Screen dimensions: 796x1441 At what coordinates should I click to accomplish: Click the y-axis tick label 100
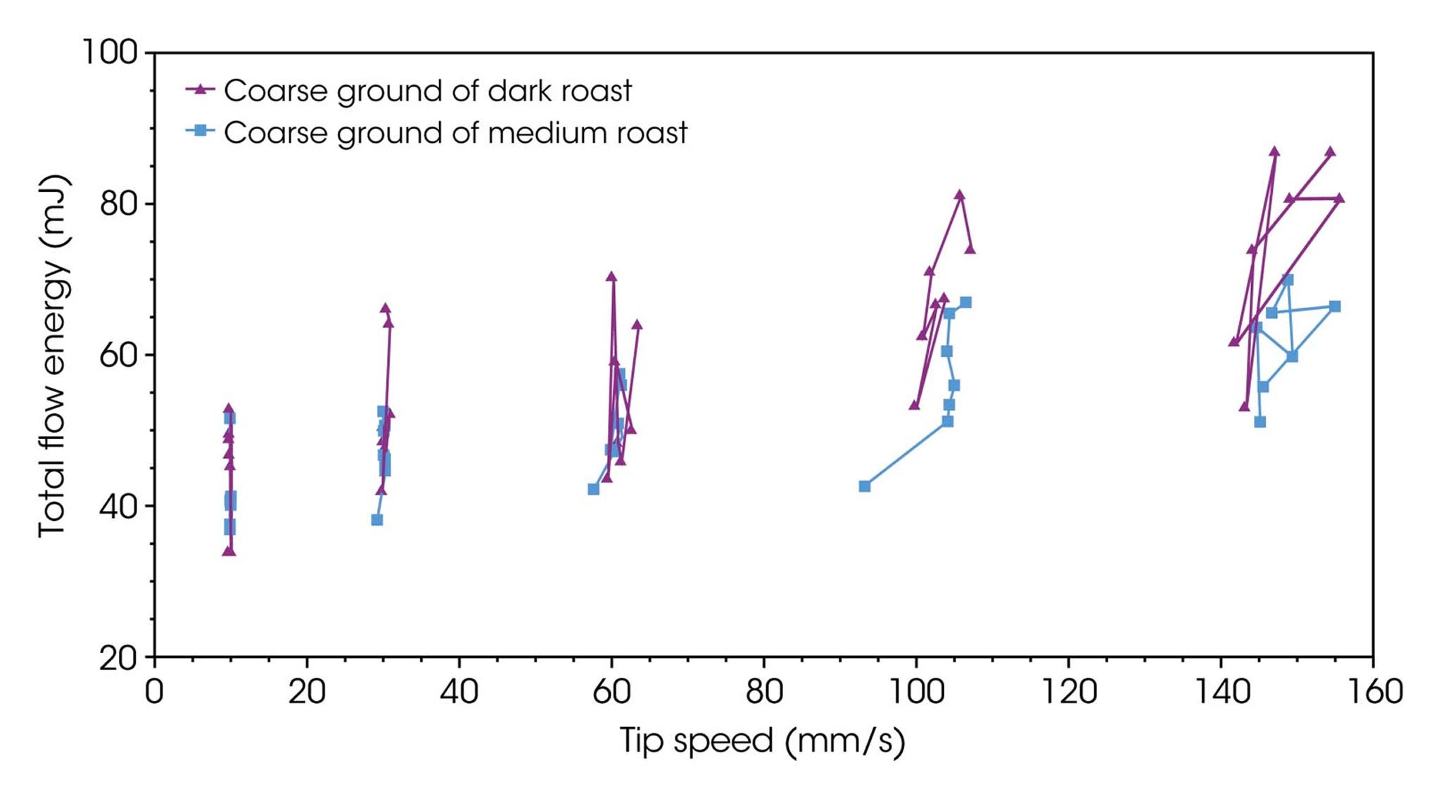110,52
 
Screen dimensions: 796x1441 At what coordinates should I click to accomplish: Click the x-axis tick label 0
154,692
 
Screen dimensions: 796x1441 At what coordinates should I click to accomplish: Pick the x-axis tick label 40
459,692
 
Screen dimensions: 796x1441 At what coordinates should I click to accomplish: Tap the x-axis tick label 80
764,692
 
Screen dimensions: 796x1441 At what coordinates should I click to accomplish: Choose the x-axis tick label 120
1068,692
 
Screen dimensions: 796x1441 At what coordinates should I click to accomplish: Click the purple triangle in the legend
201,89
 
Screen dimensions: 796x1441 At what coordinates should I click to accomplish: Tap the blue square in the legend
201,131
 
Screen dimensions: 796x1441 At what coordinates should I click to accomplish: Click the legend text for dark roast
428,91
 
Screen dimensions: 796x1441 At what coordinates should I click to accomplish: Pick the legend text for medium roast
455,133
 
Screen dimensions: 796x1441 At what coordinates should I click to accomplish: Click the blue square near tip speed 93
865,486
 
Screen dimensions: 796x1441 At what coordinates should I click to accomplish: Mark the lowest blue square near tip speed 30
377,520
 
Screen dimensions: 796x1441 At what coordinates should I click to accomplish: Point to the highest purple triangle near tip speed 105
960,195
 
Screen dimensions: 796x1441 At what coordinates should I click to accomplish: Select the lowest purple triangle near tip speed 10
229,550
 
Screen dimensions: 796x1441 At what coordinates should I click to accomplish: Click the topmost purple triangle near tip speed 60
611,277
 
